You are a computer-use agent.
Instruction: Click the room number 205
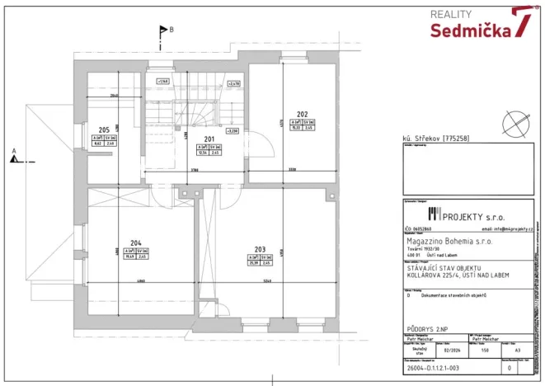(104, 130)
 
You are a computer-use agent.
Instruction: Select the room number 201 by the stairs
(209, 138)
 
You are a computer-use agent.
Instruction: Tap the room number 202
(302, 115)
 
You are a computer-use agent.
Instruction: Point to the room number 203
(260, 248)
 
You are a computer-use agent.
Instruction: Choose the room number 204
(135, 242)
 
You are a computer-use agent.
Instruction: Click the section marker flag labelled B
(163, 31)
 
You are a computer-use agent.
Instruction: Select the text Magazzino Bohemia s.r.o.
(450, 242)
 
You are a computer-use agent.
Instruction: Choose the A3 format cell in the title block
(516, 350)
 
